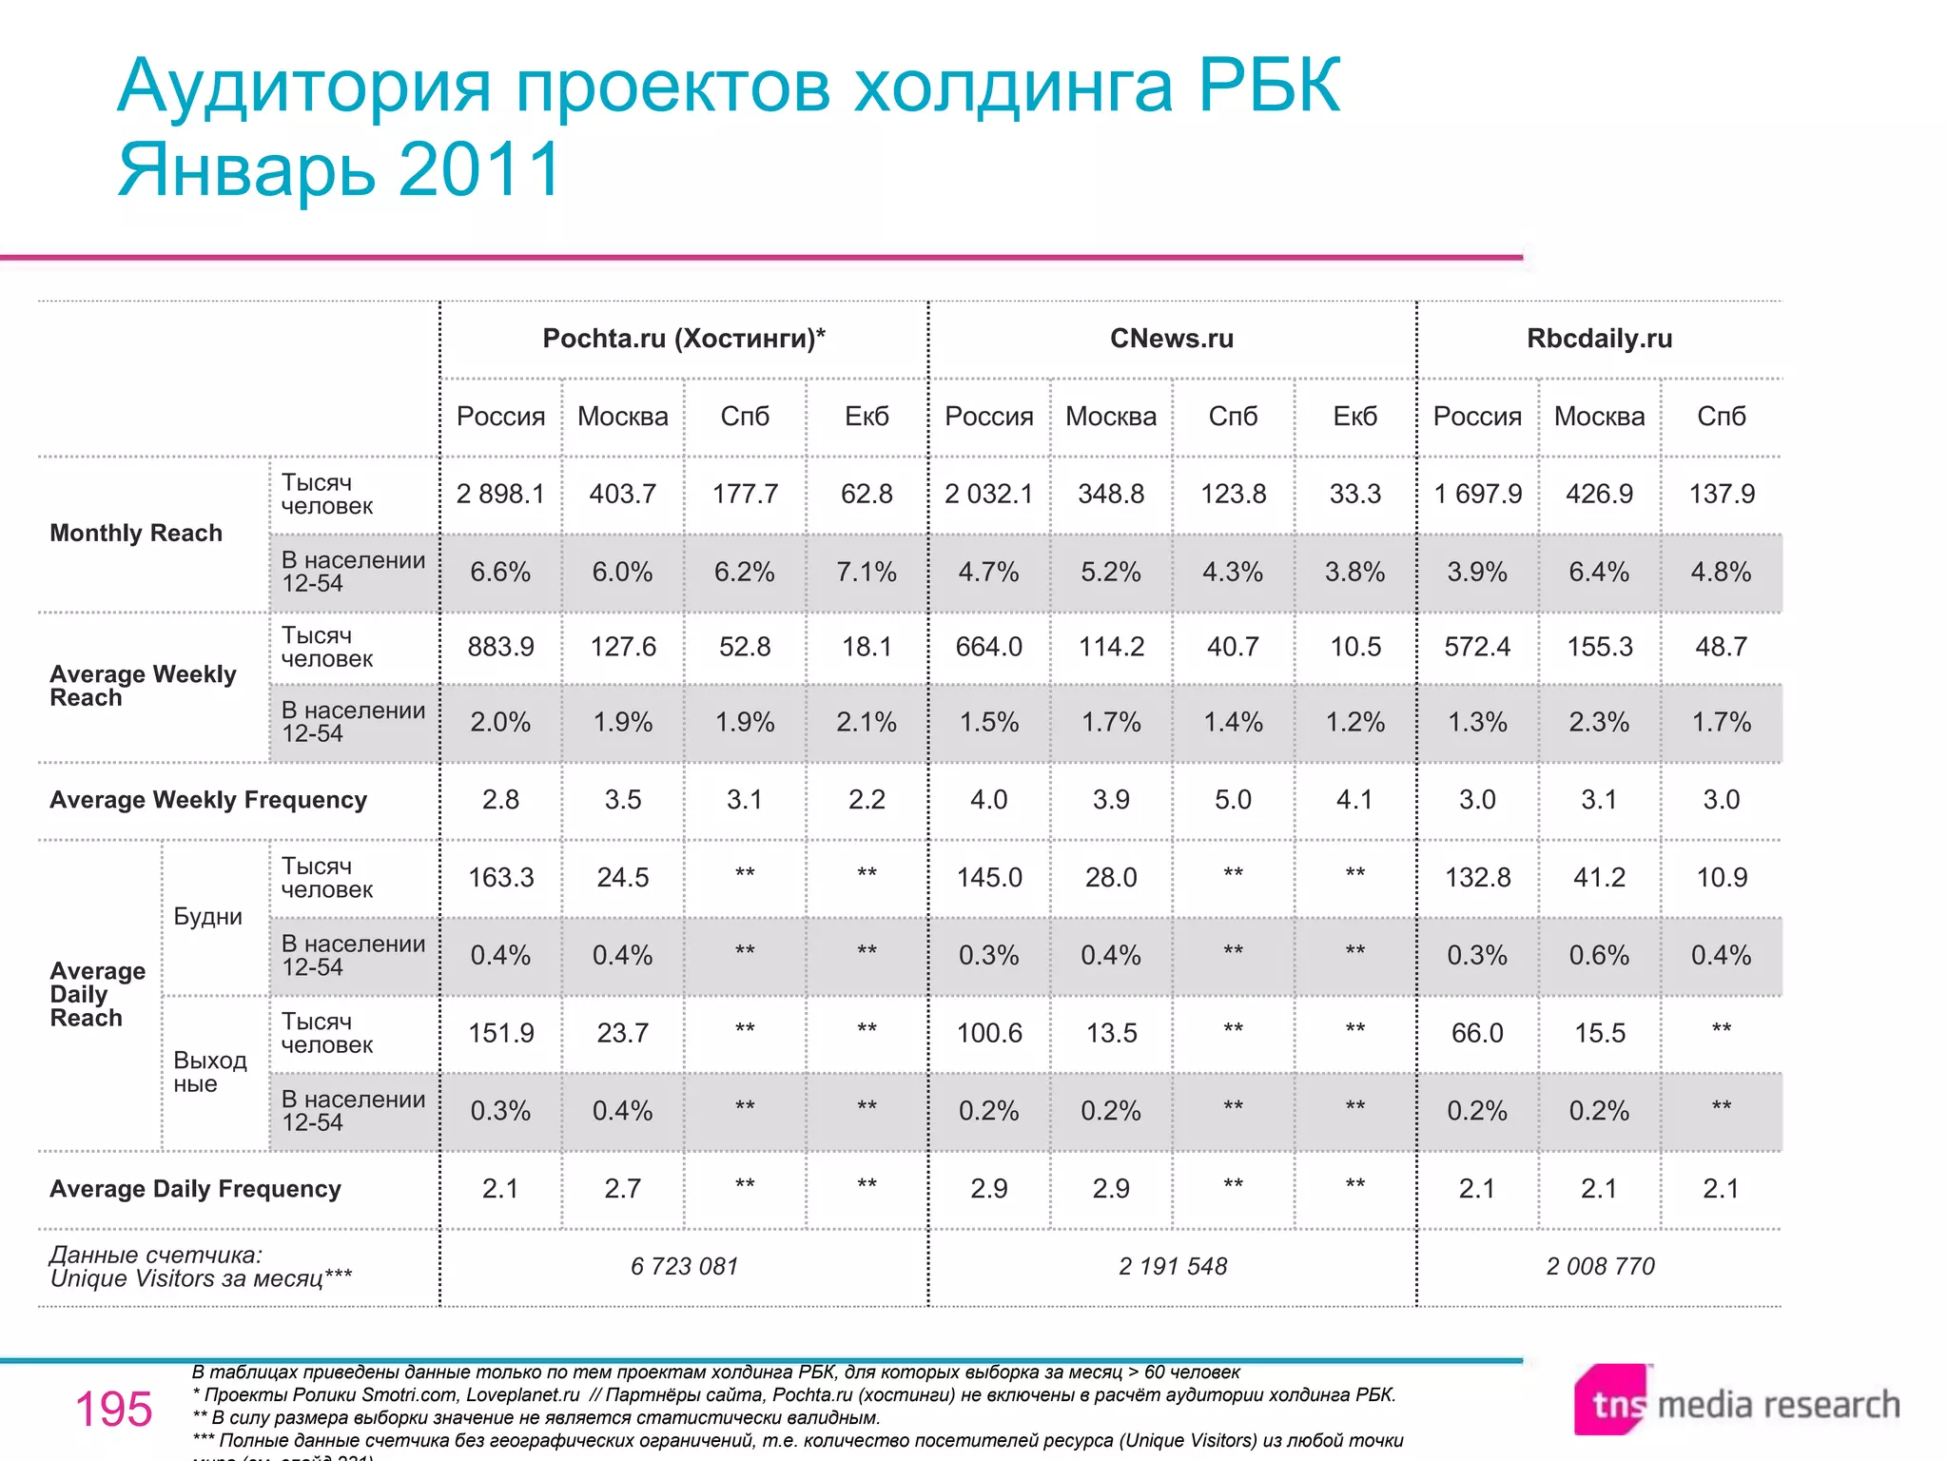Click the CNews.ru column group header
[x=1171, y=339]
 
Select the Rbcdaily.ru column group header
[x=1599, y=339]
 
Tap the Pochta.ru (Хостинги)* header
[x=683, y=339]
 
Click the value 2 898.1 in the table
[x=500, y=494]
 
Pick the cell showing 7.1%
[x=867, y=572]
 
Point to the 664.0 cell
[x=988, y=647]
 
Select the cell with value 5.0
[x=1233, y=800]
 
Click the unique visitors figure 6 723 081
[x=684, y=1266]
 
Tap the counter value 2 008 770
[x=1600, y=1266]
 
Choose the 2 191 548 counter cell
[x=1172, y=1266]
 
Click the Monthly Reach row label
[x=136, y=533]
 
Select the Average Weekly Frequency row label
[x=208, y=800]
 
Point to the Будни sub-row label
[x=207, y=917]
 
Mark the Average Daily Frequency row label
[x=195, y=1189]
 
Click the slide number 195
[x=113, y=1409]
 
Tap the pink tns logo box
[x=1611, y=1400]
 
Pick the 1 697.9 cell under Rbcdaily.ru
[x=1477, y=494]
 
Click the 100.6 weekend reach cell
[x=988, y=1033]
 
